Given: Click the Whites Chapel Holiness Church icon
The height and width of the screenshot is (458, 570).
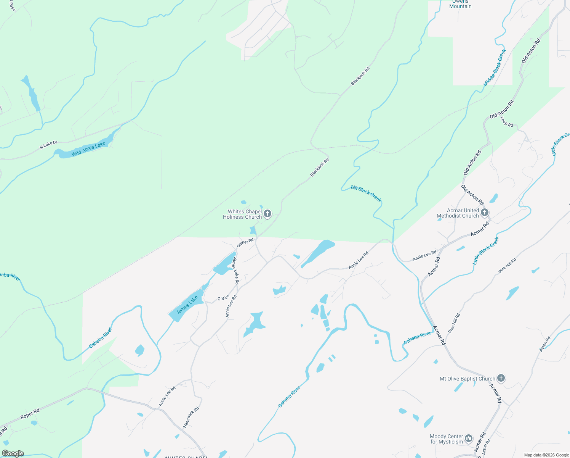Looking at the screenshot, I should [x=267, y=214].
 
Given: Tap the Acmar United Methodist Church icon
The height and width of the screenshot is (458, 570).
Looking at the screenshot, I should [x=485, y=213].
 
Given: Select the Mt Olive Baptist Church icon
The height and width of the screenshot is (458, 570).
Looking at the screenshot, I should [x=501, y=379].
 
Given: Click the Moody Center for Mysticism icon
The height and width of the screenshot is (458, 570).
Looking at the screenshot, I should [x=469, y=439].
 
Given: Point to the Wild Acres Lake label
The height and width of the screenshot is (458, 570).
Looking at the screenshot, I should [x=88, y=149].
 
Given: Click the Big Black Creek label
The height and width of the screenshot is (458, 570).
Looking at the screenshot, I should [x=366, y=193].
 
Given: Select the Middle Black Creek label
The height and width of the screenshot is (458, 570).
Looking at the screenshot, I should [x=495, y=68].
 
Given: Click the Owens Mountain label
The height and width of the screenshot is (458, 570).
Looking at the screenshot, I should [x=460, y=4].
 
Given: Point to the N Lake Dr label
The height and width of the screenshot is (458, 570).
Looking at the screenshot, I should [x=48, y=145].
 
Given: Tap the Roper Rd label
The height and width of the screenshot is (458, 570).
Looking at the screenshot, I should [x=30, y=414].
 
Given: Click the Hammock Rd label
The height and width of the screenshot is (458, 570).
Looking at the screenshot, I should [x=191, y=417].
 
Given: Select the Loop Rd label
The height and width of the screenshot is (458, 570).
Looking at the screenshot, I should [x=506, y=122].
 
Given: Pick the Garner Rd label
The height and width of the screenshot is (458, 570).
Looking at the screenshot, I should [x=245, y=243].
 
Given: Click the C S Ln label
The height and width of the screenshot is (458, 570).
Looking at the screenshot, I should [x=223, y=298].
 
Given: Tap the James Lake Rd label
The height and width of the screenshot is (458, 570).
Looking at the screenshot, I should [x=236, y=271].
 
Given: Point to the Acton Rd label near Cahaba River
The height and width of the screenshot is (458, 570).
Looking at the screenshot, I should [x=545, y=344].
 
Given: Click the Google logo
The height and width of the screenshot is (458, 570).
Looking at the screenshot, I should [x=13, y=453].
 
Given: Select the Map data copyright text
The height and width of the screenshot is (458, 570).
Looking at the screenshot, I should [x=546, y=455].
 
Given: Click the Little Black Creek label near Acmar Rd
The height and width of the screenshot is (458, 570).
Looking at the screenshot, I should [x=486, y=251].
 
